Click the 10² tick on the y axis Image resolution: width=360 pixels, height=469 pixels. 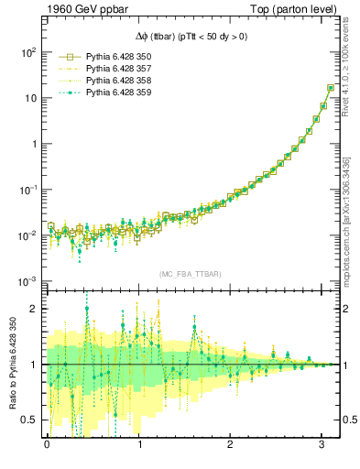tap(27, 52)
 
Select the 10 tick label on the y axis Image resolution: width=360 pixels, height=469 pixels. tap(30, 98)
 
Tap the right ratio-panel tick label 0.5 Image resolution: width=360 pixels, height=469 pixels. tap(350, 420)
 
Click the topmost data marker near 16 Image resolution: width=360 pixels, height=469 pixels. tap(331, 88)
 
